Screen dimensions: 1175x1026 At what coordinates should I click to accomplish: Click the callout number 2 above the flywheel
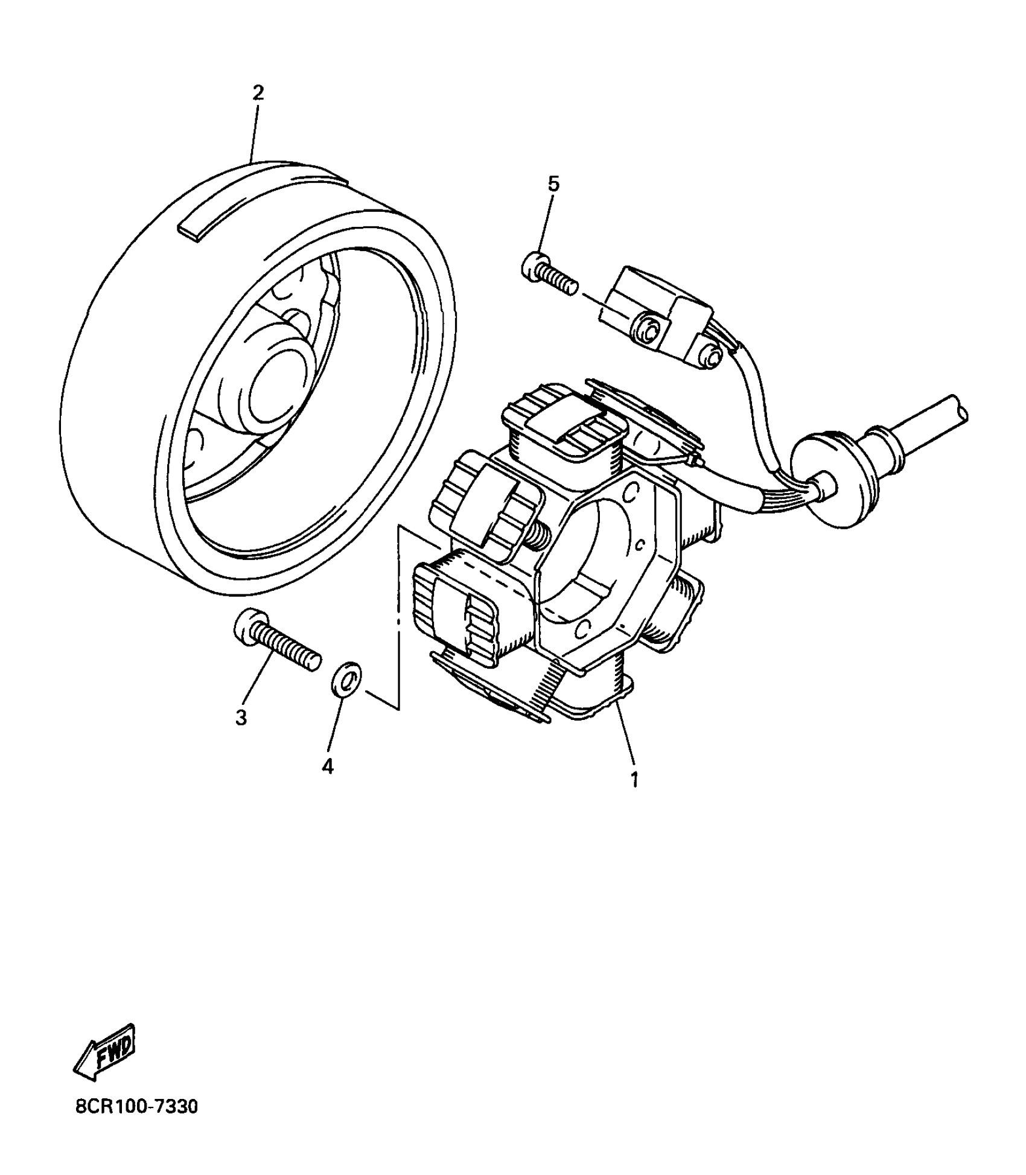(x=258, y=93)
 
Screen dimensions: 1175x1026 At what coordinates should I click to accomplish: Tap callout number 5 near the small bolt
(x=553, y=184)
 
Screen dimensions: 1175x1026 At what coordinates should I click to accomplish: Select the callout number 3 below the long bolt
(x=241, y=718)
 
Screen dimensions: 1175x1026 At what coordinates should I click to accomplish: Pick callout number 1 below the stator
(x=634, y=779)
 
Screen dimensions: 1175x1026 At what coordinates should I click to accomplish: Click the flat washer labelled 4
(x=346, y=682)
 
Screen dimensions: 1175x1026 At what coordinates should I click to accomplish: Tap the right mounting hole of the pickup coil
(x=713, y=359)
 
